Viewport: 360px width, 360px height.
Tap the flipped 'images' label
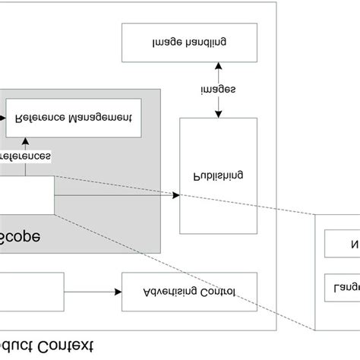(218, 90)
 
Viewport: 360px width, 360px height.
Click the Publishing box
(218, 175)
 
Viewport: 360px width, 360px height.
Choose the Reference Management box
(73, 118)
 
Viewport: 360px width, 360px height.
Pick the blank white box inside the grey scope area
(27, 195)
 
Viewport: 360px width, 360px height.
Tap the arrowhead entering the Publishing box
(175, 195)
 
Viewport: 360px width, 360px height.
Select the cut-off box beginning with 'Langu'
(342, 289)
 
